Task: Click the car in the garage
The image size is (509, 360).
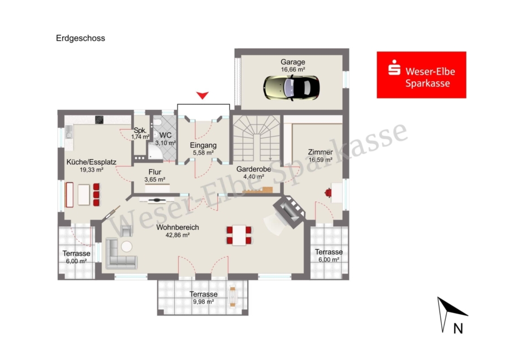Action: (x=291, y=88)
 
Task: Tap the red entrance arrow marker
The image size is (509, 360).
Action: (x=202, y=95)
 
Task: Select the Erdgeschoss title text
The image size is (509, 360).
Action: (x=80, y=38)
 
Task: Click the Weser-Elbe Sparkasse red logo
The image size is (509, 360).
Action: (x=421, y=75)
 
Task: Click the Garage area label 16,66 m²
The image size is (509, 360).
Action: (x=293, y=70)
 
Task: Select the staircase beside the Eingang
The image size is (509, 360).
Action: (x=256, y=139)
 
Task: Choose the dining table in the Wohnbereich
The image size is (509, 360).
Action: (x=239, y=235)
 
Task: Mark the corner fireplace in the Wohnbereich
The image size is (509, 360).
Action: (x=289, y=211)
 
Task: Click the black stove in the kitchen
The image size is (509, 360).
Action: (x=99, y=119)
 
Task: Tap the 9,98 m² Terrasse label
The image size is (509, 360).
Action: (x=204, y=298)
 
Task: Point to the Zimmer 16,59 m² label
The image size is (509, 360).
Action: (x=321, y=156)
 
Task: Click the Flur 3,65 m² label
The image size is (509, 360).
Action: (x=155, y=175)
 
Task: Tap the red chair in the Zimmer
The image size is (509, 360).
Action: (x=328, y=193)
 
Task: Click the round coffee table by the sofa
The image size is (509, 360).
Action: (x=127, y=247)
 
